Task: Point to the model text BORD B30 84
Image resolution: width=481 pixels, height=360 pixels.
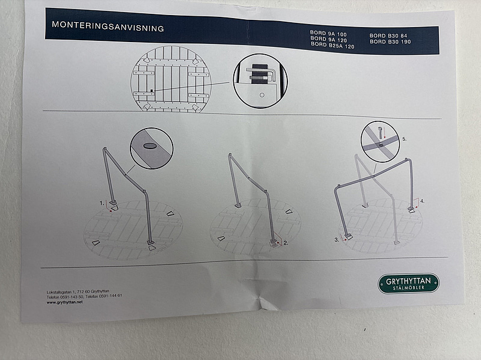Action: [x=388, y=37]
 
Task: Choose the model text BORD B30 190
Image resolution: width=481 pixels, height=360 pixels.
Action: [x=390, y=42]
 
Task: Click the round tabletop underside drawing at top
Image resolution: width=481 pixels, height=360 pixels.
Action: [x=171, y=79]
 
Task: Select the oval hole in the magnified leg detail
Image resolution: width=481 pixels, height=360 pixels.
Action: [x=150, y=145]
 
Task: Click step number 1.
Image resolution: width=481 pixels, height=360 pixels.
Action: [x=102, y=203]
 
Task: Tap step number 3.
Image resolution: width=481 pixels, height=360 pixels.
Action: [x=337, y=239]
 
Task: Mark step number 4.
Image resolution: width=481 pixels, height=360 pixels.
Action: [x=422, y=201]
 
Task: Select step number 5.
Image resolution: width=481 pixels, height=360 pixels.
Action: [x=404, y=139]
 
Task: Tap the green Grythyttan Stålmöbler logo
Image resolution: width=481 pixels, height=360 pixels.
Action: [x=408, y=283]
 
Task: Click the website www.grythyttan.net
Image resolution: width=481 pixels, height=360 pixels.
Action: [x=64, y=302]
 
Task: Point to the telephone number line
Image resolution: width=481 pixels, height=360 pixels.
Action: [x=84, y=296]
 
